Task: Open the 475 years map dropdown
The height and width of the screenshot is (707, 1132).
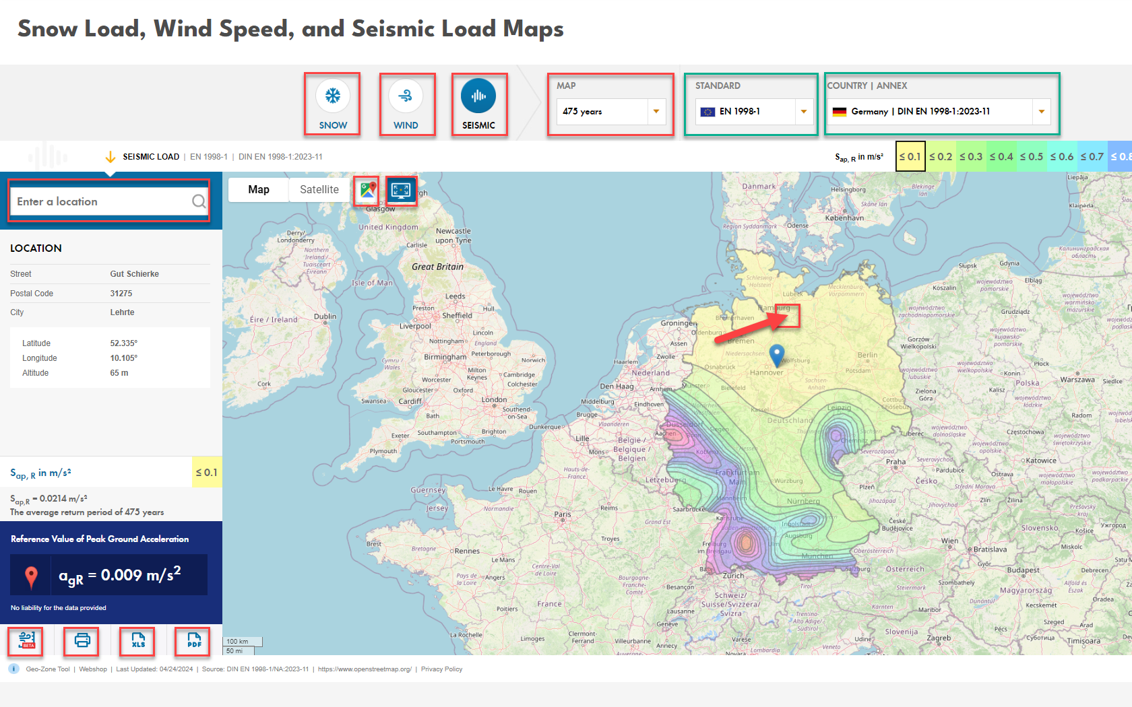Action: (610, 112)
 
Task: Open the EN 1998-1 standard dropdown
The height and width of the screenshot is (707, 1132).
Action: (753, 112)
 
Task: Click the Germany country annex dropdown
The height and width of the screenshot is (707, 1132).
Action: (938, 112)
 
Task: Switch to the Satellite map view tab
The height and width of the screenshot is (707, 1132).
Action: (319, 190)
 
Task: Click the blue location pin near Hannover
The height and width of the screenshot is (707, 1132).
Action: (777, 353)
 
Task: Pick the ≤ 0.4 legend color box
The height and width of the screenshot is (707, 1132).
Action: (1001, 157)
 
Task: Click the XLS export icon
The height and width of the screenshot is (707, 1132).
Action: (138, 640)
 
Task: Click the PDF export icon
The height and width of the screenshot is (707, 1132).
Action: (194, 640)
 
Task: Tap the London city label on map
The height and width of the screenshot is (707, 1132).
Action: (494, 400)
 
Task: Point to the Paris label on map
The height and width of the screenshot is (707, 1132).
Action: (563, 514)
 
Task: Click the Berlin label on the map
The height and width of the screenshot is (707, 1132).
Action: (867, 355)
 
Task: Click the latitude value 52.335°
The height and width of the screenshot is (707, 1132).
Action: (124, 343)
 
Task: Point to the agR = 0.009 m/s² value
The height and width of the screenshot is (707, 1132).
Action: (120, 576)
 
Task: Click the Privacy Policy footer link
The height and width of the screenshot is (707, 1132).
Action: (441, 669)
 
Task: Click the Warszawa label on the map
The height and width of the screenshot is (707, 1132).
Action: (1077, 380)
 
